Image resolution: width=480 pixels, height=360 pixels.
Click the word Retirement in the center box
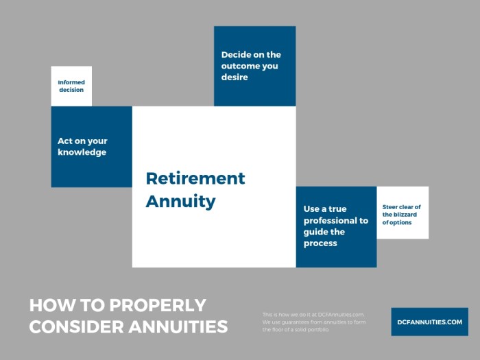195,179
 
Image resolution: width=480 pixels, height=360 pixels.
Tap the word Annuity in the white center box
180,202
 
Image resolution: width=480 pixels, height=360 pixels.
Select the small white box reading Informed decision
71,86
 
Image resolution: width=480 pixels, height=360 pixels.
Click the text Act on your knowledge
82,147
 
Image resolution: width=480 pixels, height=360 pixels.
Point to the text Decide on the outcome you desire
251,66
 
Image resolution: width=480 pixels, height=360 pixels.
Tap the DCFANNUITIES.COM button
429,322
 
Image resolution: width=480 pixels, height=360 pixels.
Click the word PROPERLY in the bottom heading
151,306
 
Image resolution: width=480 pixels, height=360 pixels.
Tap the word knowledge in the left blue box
82,152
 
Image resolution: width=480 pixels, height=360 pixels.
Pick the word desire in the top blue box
235,77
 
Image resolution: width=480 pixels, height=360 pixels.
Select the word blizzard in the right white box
409,215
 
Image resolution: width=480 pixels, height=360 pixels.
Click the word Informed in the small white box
71,82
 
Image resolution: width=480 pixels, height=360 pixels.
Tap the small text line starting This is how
313,314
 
